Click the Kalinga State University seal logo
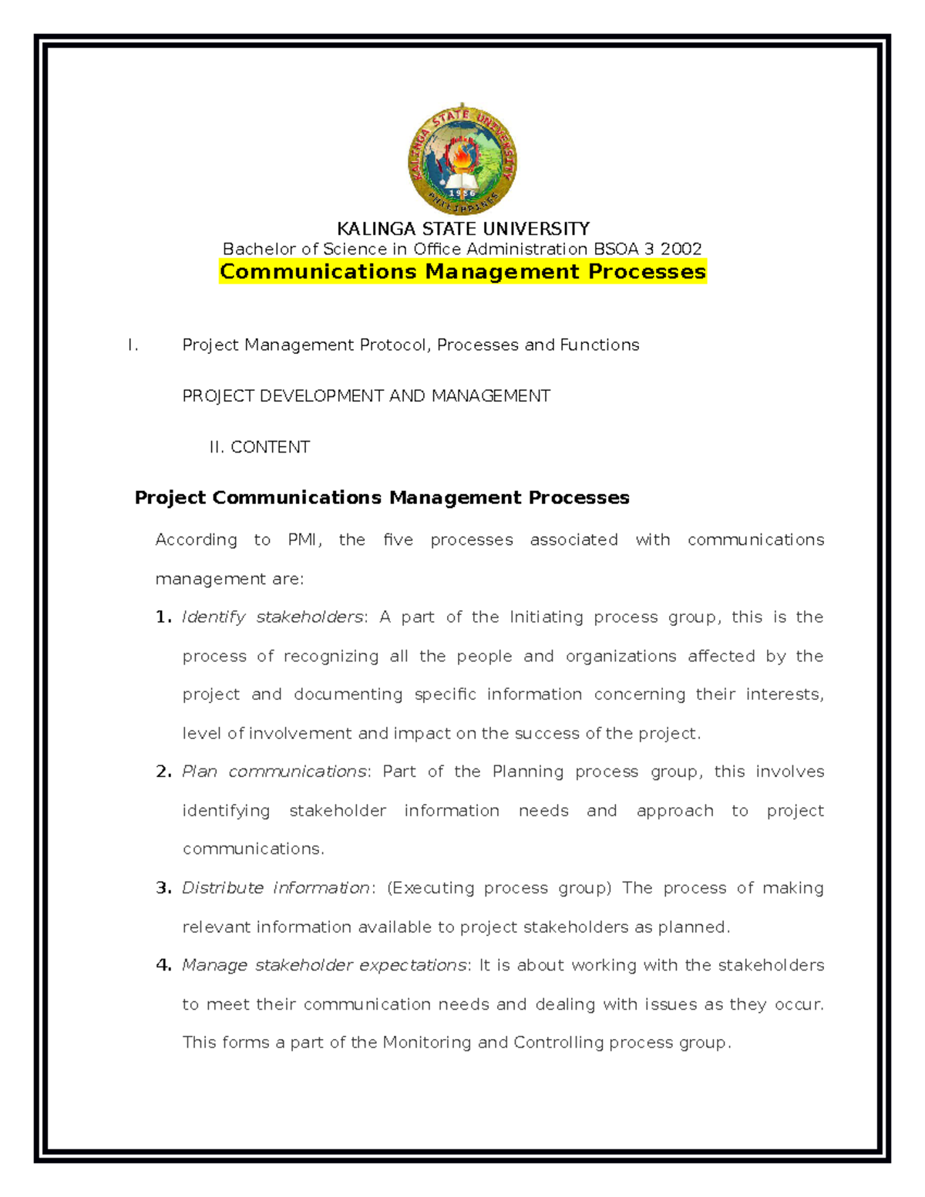[x=462, y=160]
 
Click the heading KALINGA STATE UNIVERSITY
[x=462, y=229]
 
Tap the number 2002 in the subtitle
[x=681, y=249]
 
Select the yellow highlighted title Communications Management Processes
[x=462, y=271]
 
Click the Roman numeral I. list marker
[x=133, y=345]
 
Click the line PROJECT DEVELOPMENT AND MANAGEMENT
[x=366, y=396]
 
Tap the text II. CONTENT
[x=260, y=447]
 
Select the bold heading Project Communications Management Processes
[x=382, y=498]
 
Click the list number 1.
[x=163, y=617]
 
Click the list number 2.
[x=163, y=772]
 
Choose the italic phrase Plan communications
[x=274, y=772]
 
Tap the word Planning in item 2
[x=528, y=772]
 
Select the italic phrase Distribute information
[x=276, y=888]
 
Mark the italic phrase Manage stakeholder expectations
[x=324, y=965]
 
